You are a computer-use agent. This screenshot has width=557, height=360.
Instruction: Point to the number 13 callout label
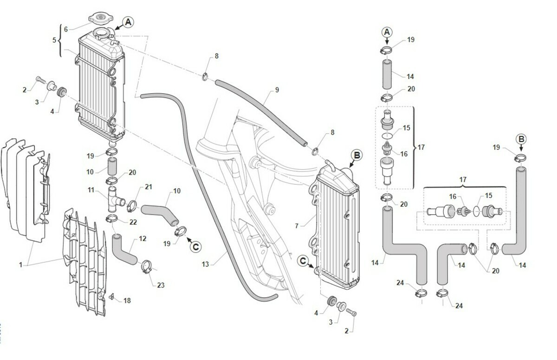pyautogui.click(x=206, y=264)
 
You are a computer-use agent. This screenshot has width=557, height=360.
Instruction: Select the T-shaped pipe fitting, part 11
pyautogui.click(x=114, y=198)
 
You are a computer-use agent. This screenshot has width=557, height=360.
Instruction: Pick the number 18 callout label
pyautogui.click(x=127, y=301)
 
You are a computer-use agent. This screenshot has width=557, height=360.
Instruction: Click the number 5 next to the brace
pyautogui.click(x=55, y=40)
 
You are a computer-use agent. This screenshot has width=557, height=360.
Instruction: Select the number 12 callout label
pyautogui.click(x=142, y=239)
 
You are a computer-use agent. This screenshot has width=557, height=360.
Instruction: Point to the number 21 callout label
pyautogui.click(x=149, y=187)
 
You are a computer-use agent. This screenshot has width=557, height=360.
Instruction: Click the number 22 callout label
pyautogui.click(x=133, y=222)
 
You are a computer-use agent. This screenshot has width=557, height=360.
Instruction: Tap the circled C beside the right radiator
pyautogui.click(x=303, y=261)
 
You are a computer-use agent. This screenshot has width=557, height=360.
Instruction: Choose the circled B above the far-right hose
pyautogui.click(x=521, y=139)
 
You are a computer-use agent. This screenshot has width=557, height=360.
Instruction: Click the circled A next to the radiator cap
pyautogui.click(x=128, y=21)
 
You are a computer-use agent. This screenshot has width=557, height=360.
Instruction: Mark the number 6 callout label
pyautogui.click(x=65, y=29)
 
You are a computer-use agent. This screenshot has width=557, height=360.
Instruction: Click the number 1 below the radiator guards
pyautogui.click(x=20, y=264)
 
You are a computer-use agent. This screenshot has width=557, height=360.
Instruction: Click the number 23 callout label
pyautogui.click(x=161, y=285)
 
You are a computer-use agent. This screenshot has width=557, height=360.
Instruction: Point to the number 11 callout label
pyautogui.click(x=91, y=190)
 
